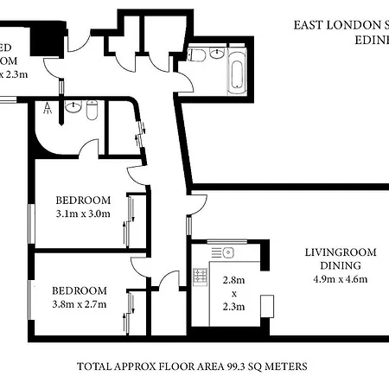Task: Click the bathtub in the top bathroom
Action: [x=236, y=70]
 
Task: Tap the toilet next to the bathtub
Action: [x=214, y=55]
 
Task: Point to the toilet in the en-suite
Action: [x=92, y=110]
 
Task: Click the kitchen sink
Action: [x=226, y=252]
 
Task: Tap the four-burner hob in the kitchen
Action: [x=201, y=276]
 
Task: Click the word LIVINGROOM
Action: [x=341, y=252]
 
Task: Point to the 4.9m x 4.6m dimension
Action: [x=341, y=278]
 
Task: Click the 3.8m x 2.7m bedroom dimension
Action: [x=80, y=304]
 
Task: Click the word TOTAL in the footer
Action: [x=94, y=366]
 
